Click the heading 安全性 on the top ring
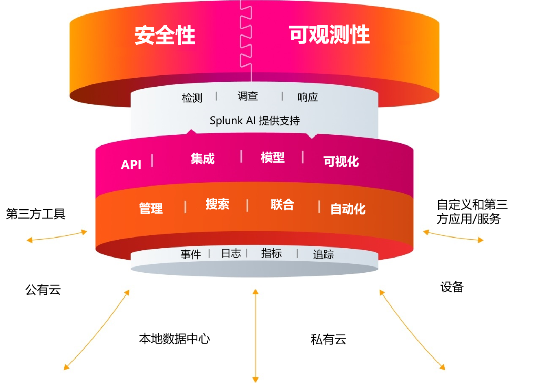[165, 35]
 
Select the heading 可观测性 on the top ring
[329, 35]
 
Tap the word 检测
[192, 98]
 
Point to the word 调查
[248, 96]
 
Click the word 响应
[308, 97]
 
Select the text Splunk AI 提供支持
[255, 120]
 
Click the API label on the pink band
[131, 165]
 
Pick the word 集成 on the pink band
[203, 159]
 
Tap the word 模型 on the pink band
[273, 158]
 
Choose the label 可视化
[341, 162]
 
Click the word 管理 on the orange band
[151, 208]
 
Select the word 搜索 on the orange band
[217, 204]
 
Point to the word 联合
[282, 205]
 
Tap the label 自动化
[348, 209]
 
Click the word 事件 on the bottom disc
[191, 255]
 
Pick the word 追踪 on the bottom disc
[323, 255]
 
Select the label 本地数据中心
[175, 339]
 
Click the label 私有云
[328, 339]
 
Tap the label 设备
[452, 287]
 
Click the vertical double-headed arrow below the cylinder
[256, 336]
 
